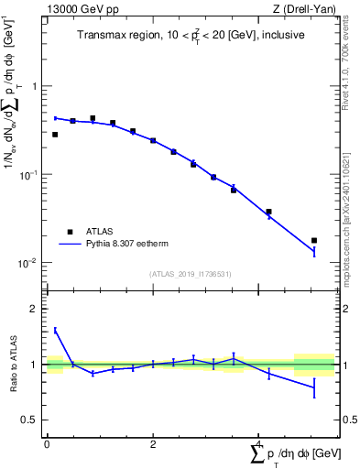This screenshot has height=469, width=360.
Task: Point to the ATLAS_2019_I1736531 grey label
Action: click(x=191, y=274)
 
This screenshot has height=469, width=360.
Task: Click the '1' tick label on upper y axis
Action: click(x=36, y=86)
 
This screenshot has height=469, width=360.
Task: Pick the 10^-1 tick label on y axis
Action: click(x=30, y=173)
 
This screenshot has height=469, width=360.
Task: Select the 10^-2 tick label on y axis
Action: click(x=30, y=262)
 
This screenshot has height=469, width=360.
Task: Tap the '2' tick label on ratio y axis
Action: click(x=36, y=309)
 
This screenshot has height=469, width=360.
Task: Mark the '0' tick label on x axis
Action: click(x=47, y=443)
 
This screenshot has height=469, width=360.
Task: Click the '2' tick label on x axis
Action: click(x=153, y=443)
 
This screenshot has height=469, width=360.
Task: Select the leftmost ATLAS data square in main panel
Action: click(x=55, y=135)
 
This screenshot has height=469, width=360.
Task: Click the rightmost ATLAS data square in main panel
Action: click(x=314, y=241)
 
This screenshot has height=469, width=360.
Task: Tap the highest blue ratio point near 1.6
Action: click(x=55, y=330)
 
